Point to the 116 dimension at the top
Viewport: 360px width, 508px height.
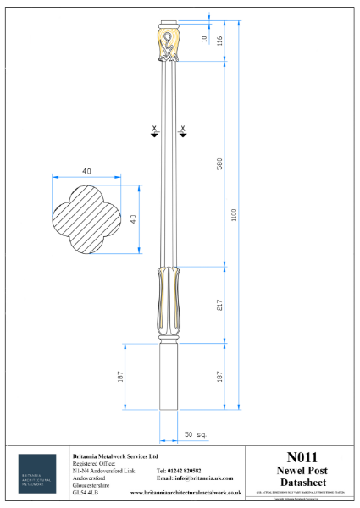click(x=219, y=40)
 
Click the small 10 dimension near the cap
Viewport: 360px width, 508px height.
click(x=203, y=40)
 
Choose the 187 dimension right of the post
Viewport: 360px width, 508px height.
click(x=219, y=376)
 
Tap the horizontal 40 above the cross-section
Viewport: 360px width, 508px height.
click(x=86, y=171)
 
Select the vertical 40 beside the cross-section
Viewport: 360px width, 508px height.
click(x=133, y=218)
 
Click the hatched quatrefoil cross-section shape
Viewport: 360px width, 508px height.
click(x=86, y=219)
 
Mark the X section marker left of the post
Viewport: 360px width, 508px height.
click(x=153, y=130)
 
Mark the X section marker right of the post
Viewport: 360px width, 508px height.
click(x=182, y=130)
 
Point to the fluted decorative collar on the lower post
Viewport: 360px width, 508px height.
click(x=168, y=301)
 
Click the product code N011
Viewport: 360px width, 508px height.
click(x=302, y=456)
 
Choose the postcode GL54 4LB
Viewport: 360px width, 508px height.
click(x=87, y=492)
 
